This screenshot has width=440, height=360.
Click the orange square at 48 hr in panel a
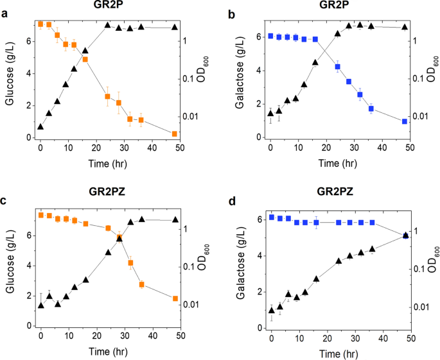click(175, 133)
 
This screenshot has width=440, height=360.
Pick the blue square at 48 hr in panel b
click(405, 121)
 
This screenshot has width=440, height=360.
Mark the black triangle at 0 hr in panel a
click(40, 127)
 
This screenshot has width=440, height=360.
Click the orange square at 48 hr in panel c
click(175, 298)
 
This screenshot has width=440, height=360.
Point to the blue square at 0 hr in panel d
click(271, 217)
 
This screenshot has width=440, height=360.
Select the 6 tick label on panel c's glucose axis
click(28, 236)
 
